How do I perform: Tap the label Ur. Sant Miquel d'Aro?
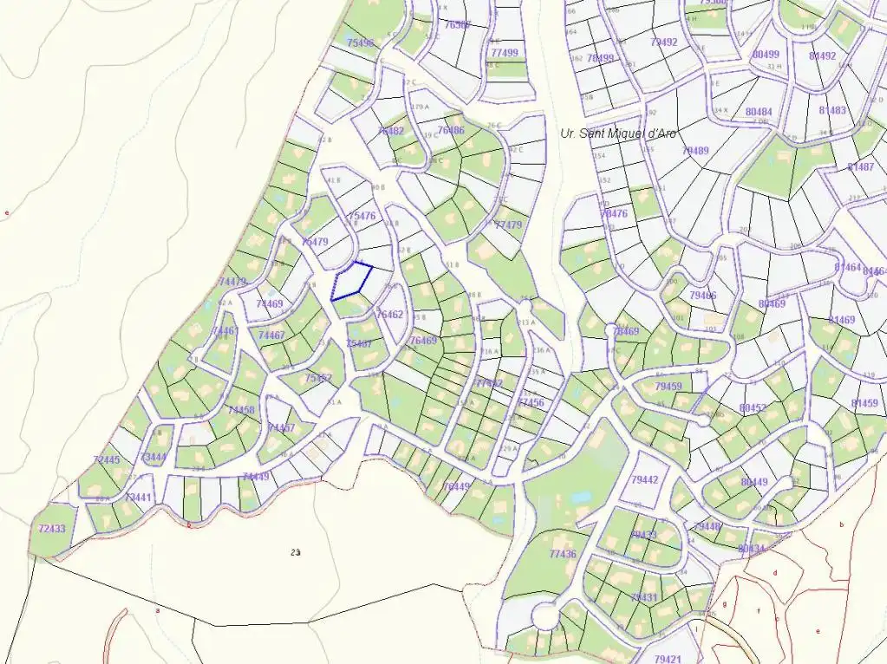[618, 133]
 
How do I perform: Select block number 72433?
[52, 528]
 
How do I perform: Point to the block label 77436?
[563, 555]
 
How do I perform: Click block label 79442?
[644, 479]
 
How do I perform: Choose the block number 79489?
[695, 151]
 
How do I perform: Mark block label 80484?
[758, 112]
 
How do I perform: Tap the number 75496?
[360, 42]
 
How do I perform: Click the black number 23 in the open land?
[296, 551]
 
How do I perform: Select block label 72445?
[106, 459]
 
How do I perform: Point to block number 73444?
[153, 457]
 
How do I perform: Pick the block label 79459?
[669, 387]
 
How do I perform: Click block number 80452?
[753, 407]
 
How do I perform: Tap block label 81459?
[864, 404]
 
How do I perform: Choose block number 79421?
[668, 659]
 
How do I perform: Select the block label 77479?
[508, 225]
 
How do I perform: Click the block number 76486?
[451, 131]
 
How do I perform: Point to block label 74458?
[241, 410]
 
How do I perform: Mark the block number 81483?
[832, 111]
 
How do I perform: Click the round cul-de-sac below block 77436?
[544, 617]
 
